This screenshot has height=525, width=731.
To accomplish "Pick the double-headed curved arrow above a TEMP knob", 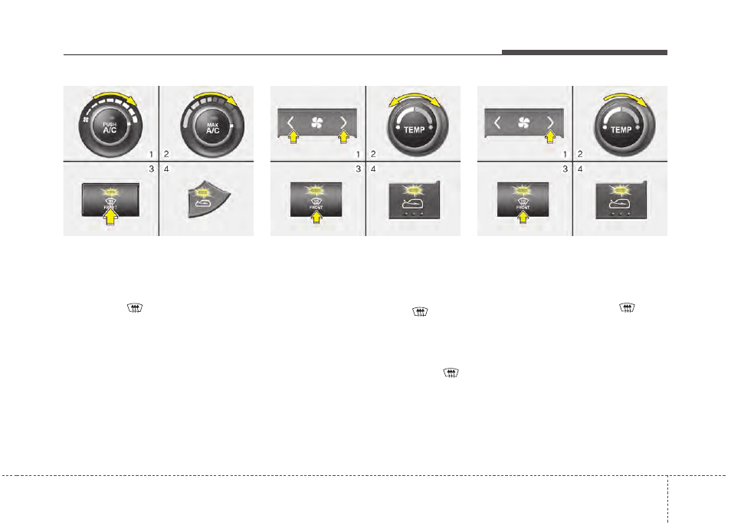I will click(415, 97).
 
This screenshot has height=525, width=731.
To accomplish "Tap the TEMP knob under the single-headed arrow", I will click(621, 127).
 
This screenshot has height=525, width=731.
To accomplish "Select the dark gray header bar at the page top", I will click(585, 52).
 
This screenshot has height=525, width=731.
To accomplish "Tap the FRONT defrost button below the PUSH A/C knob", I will click(111, 201).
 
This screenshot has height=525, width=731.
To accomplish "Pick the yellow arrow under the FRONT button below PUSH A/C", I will click(112, 220).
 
